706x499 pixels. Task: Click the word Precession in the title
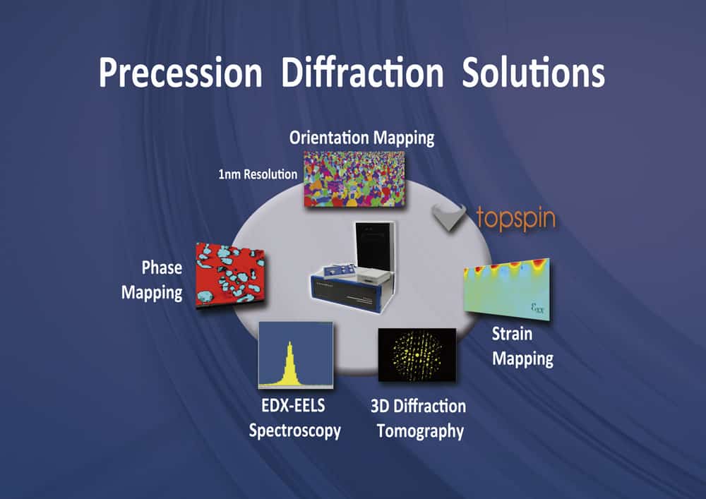(180, 73)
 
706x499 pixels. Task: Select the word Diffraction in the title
(362, 72)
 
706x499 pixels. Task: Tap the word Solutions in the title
(534, 72)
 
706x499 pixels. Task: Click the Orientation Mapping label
(362, 138)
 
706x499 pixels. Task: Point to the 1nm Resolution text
(258, 174)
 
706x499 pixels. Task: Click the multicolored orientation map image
(354, 179)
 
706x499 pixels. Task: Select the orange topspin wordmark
(516, 218)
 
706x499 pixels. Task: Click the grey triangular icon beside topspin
(450, 216)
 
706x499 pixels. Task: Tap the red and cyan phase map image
(229, 275)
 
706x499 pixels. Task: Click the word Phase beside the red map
(162, 267)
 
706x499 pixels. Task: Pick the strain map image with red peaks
(507, 289)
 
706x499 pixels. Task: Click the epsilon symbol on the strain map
(537, 308)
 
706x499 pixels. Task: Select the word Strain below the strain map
(512, 334)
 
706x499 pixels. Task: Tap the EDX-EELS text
(293, 405)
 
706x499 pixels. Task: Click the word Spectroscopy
(295, 431)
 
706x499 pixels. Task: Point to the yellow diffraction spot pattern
(417, 355)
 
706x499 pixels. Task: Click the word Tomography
(420, 431)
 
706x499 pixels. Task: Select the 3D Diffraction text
(418, 407)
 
